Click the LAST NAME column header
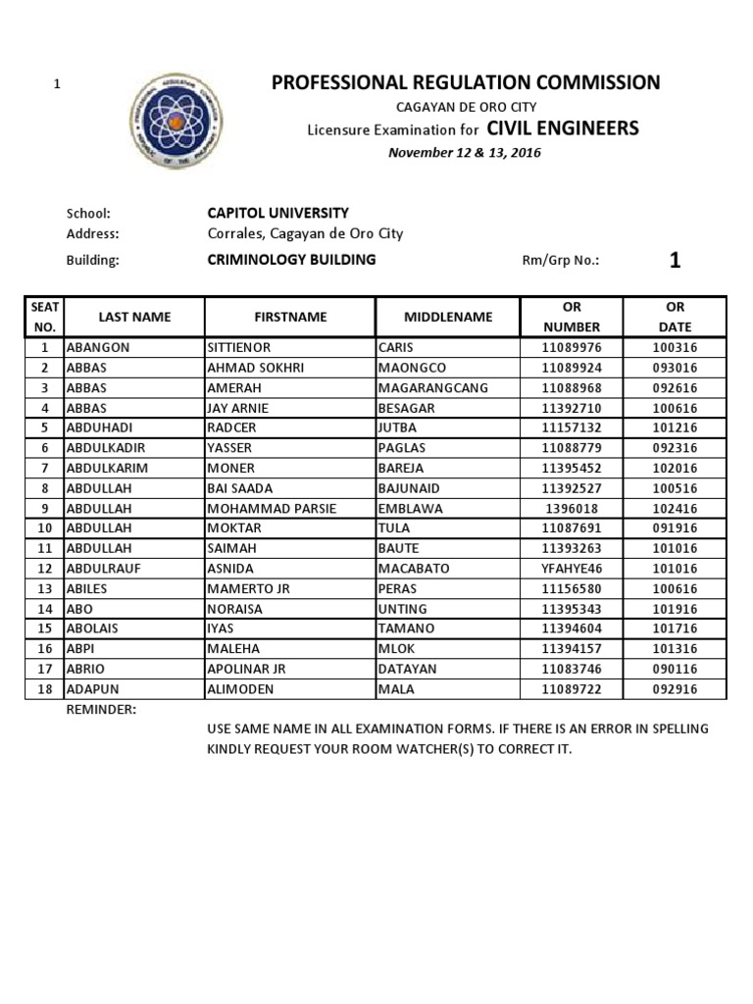134,317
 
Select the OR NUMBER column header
572,317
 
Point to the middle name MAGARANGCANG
432,387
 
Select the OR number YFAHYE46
572,569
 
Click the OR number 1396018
572,508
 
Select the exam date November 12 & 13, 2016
465,152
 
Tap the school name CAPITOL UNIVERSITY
277,213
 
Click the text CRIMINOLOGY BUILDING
291,260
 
